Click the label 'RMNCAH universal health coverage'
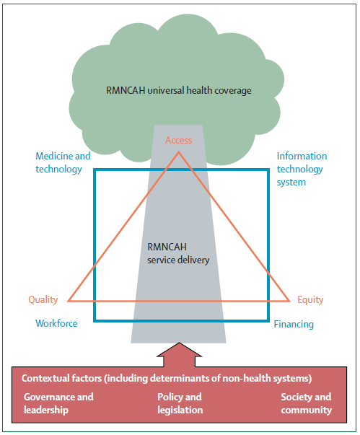179,91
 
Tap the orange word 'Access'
179,140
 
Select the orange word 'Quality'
43,300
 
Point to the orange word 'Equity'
310,300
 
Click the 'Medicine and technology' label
63,162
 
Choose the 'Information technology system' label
302,170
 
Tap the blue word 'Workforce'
56,323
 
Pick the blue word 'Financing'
294,325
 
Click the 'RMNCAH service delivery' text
178,253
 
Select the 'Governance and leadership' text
58,403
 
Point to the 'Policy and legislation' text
180,403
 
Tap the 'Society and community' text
306,403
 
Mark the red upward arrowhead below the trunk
179,350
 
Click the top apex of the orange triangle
179,152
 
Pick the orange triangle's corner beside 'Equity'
289,301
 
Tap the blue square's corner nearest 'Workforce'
95,321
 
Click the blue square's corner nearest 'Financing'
268,321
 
